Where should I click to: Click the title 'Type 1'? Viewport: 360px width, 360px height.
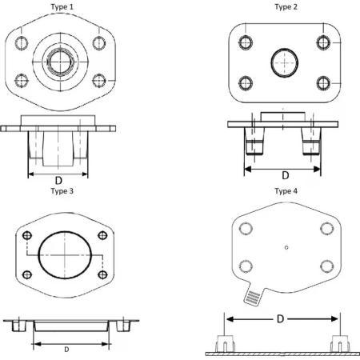click(x=62, y=7)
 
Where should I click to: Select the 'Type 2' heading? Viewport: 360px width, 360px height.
click(x=286, y=7)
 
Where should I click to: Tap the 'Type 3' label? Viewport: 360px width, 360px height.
click(x=62, y=191)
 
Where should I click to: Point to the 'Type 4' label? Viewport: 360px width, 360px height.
click(x=286, y=191)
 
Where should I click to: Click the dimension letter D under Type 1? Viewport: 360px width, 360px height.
click(x=58, y=181)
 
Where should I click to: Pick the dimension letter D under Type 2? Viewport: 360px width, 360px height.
click(x=286, y=175)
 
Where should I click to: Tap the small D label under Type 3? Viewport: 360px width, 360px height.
click(x=66, y=349)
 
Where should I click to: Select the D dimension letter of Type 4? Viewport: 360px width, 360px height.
click(x=280, y=318)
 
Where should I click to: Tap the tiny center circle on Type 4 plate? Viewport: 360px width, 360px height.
click(x=286, y=248)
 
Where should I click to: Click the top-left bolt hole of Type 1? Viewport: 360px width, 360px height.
click(x=22, y=43)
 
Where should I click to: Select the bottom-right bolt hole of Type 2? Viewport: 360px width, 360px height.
click(x=323, y=83)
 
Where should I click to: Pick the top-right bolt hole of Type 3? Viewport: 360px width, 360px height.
click(x=102, y=235)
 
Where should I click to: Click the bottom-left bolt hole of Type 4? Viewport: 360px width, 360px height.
click(x=246, y=266)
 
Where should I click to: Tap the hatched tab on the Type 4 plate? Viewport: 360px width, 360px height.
click(x=253, y=297)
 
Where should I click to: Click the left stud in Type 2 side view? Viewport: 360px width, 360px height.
click(x=255, y=142)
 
